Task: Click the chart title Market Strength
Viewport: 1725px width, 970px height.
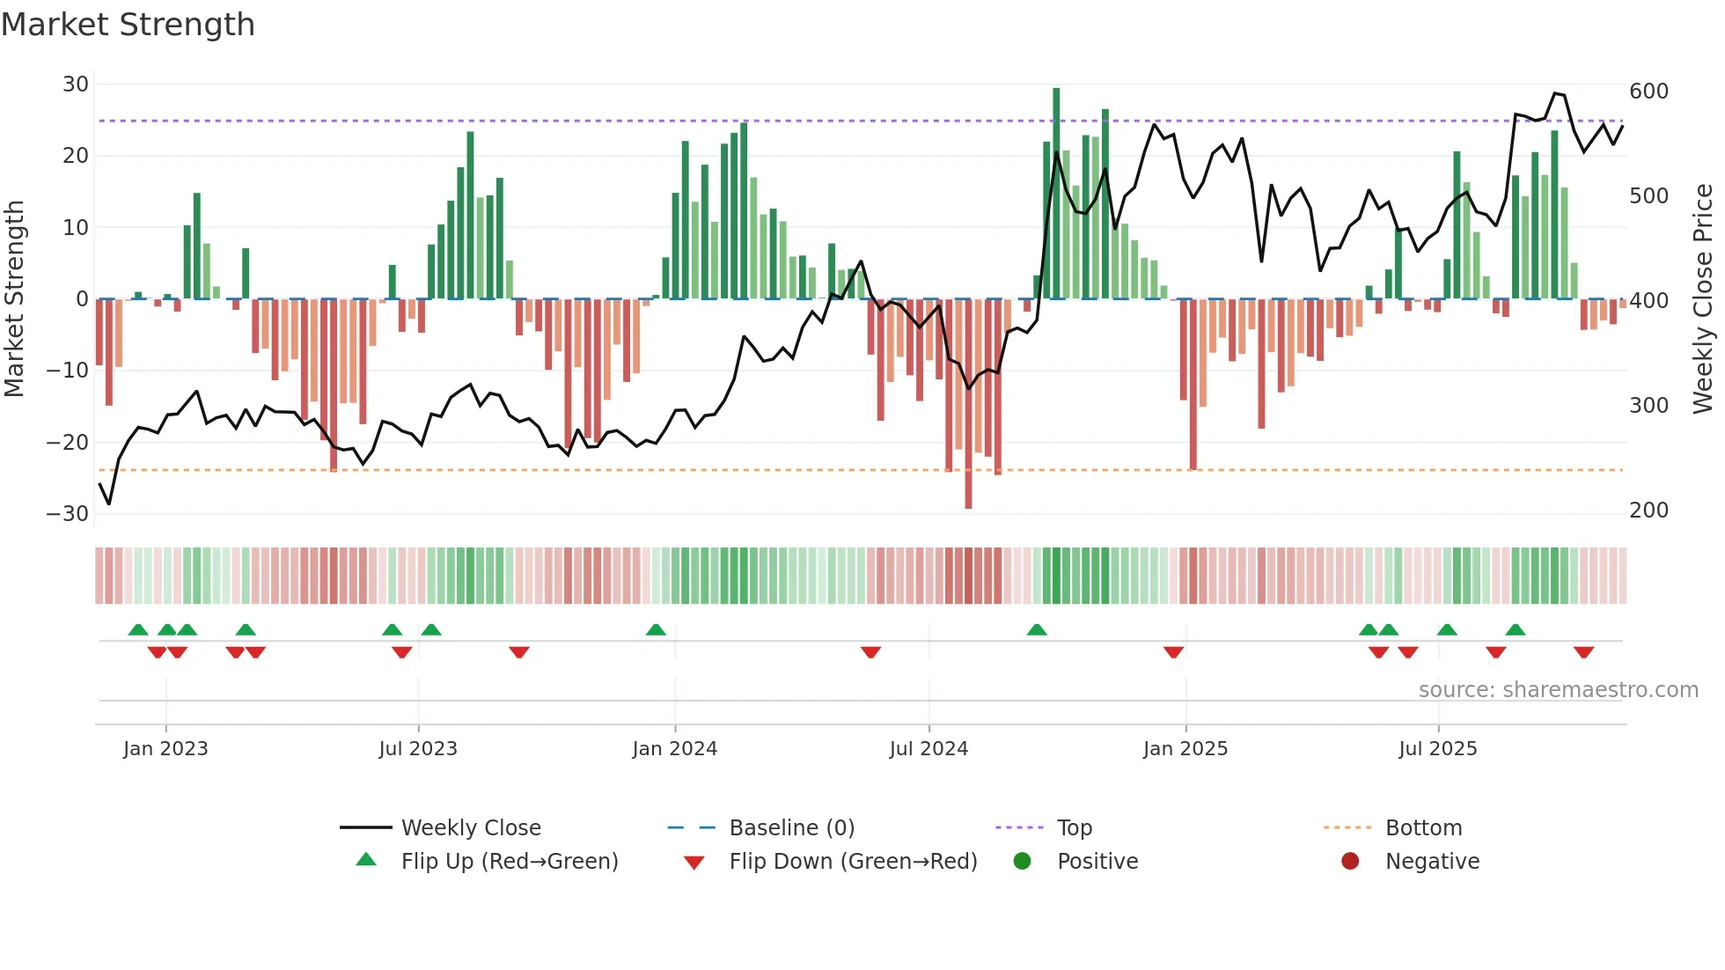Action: (128, 25)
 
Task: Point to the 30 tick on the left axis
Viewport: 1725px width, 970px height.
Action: (76, 85)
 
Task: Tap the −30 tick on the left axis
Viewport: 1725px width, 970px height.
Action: (68, 514)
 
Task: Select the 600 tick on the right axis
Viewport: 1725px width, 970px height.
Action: (1648, 92)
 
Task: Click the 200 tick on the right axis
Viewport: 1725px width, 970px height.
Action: (1648, 511)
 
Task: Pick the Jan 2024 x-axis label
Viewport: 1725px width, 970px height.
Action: (674, 749)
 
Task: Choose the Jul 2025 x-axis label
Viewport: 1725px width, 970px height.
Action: (1437, 749)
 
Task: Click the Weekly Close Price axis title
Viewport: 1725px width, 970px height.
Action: (1703, 299)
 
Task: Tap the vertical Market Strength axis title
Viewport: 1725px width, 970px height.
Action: (14, 299)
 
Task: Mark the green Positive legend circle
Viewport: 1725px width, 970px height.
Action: (1022, 862)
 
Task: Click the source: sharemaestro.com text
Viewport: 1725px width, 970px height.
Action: (1558, 690)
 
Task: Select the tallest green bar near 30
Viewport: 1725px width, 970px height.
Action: (1056, 194)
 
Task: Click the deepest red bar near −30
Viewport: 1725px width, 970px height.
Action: (968, 405)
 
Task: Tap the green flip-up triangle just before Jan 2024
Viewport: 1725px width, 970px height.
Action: (656, 630)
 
